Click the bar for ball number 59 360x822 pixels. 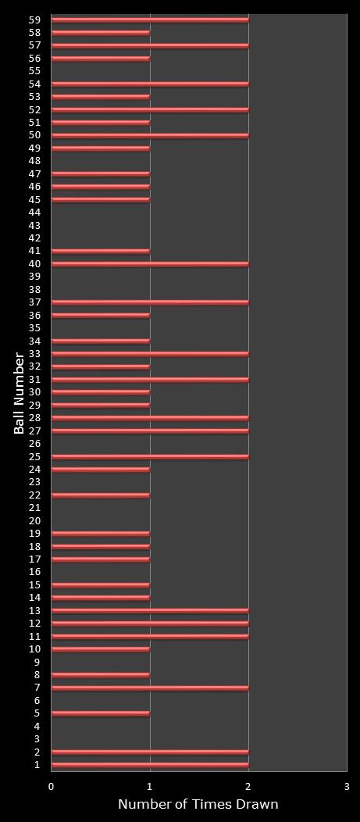click(150, 20)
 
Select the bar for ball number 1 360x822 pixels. click(150, 765)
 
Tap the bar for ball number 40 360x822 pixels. click(150, 264)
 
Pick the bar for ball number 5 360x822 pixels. click(101, 713)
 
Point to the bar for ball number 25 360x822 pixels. click(150, 456)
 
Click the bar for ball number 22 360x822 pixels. click(101, 495)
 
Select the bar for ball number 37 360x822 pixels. click(150, 302)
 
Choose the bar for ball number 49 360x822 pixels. click(101, 148)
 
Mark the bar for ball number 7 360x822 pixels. click(150, 688)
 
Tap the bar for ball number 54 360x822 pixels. click(150, 84)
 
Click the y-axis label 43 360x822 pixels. click(34, 225)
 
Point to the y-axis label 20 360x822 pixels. click(34, 521)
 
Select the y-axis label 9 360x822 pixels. click(37, 662)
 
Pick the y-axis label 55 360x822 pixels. click(34, 71)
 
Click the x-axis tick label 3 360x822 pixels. click(347, 786)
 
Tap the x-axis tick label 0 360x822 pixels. click(52, 786)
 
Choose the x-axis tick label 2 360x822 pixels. click(248, 786)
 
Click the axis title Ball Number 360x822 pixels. click(20, 393)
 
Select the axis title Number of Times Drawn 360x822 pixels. click(198, 804)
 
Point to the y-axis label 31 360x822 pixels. click(34, 380)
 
